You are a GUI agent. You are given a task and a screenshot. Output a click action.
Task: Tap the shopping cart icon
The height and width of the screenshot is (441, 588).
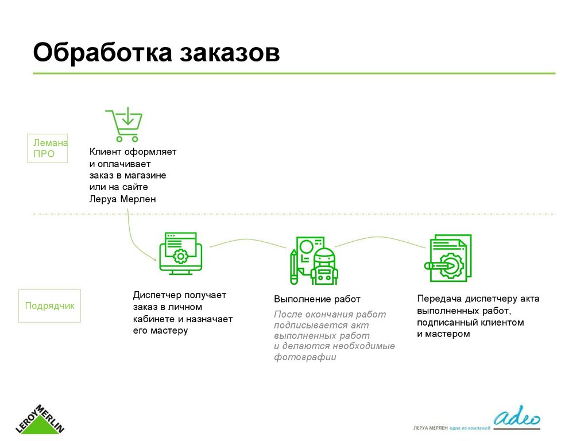point(124,125)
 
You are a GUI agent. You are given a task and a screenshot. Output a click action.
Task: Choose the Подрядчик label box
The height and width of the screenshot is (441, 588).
point(50,305)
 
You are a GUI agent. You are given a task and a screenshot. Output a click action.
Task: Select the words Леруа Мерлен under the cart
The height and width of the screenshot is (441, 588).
point(122,199)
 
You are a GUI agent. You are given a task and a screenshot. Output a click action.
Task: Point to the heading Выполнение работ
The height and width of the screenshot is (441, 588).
point(317,299)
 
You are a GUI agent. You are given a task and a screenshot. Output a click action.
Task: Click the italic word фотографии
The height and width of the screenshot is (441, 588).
point(305,357)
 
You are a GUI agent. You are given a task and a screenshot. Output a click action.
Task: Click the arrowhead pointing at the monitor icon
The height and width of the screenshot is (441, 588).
point(155,260)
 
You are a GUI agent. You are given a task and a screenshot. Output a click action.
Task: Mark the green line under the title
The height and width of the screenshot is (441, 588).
point(294,73)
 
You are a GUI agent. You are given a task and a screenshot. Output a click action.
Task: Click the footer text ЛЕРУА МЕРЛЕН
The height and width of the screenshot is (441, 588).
point(430,428)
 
